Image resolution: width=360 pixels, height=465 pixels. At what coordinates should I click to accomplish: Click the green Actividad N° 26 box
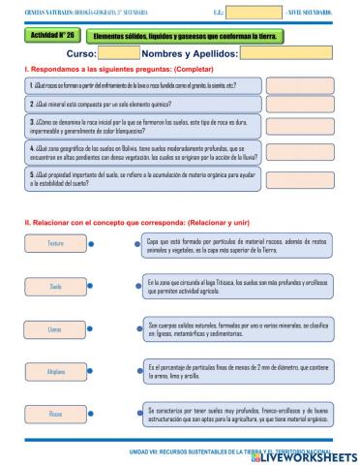click(49, 36)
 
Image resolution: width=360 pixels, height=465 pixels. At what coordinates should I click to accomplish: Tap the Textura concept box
click(55, 244)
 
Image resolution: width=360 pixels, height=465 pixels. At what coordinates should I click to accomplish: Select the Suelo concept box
click(55, 287)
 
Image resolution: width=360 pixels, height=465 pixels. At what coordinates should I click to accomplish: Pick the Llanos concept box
click(55, 329)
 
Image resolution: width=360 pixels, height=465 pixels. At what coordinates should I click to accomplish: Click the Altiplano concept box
click(55, 372)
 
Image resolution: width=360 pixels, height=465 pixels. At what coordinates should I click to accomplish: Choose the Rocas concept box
click(55, 414)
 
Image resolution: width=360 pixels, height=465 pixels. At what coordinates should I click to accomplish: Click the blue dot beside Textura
click(92, 244)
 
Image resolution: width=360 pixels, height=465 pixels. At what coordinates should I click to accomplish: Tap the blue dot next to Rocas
click(92, 414)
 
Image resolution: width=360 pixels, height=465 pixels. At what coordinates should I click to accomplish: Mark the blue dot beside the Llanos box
click(92, 329)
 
